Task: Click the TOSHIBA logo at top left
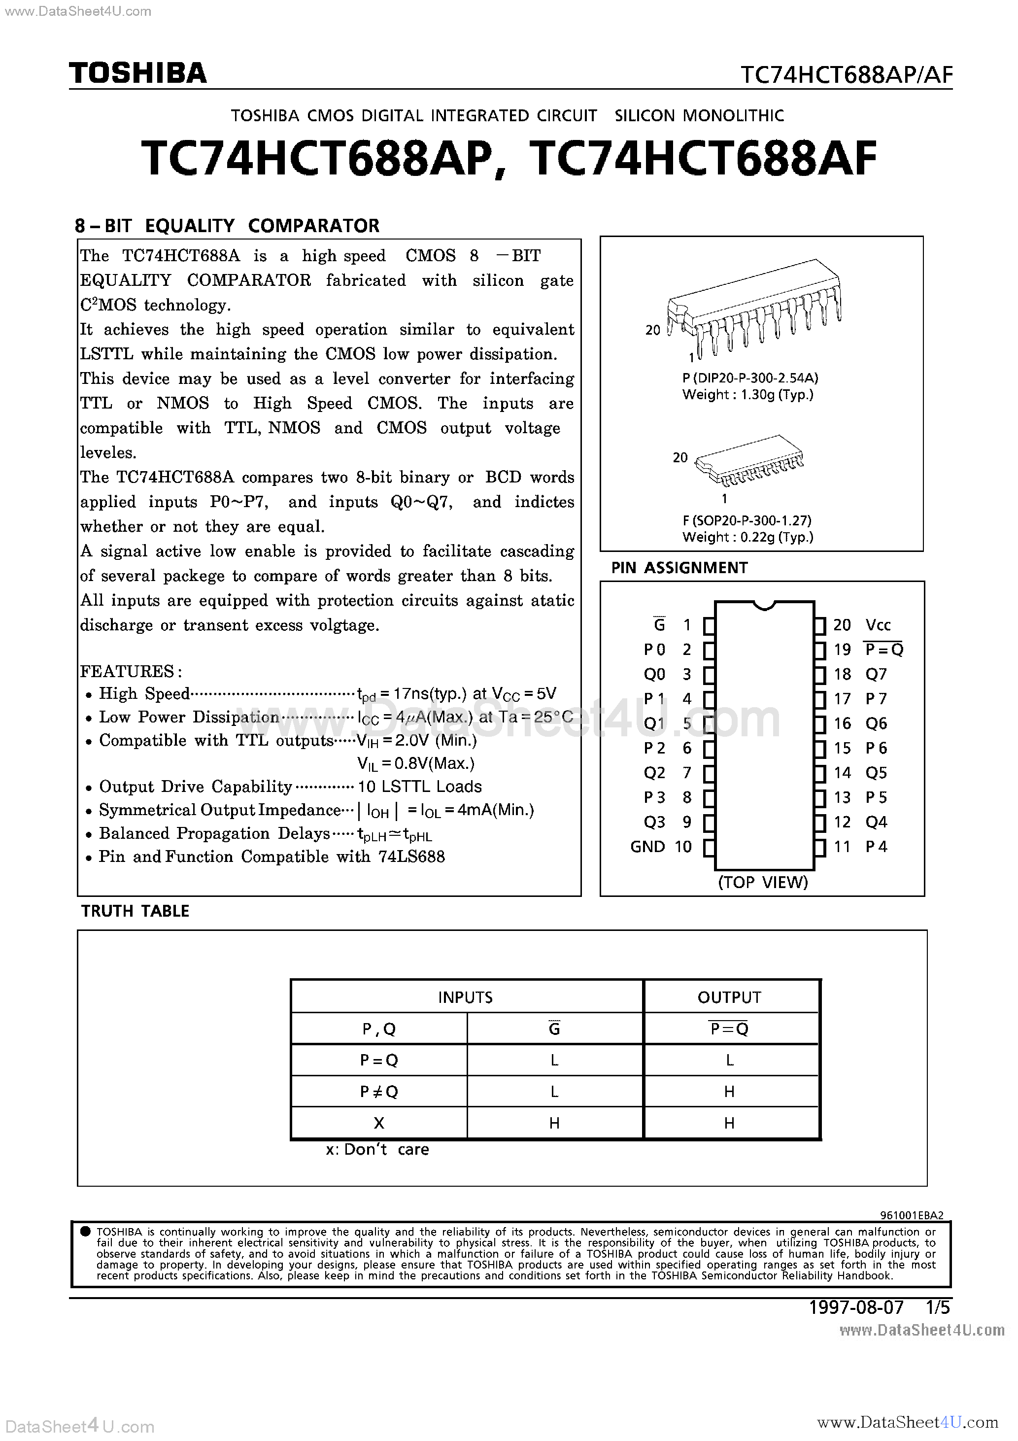pyautogui.click(x=137, y=73)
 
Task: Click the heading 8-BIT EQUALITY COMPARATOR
pyautogui.click(x=227, y=226)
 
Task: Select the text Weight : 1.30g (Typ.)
pyautogui.click(x=747, y=395)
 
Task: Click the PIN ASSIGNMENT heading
pyautogui.click(x=679, y=568)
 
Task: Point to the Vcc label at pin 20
pyautogui.click(x=878, y=625)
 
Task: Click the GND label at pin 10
pyautogui.click(x=647, y=847)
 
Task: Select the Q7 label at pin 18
pyautogui.click(x=876, y=674)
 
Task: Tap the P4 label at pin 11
pyautogui.click(x=876, y=847)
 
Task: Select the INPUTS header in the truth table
pyautogui.click(x=465, y=997)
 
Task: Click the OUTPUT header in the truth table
pyautogui.click(x=729, y=997)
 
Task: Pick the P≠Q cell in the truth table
pyautogui.click(x=378, y=1092)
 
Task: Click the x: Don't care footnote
pyautogui.click(x=377, y=1149)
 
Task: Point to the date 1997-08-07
pyautogui.click(x=856, y=1307)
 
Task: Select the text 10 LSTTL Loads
pyautogui.click(x=419, y=787)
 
